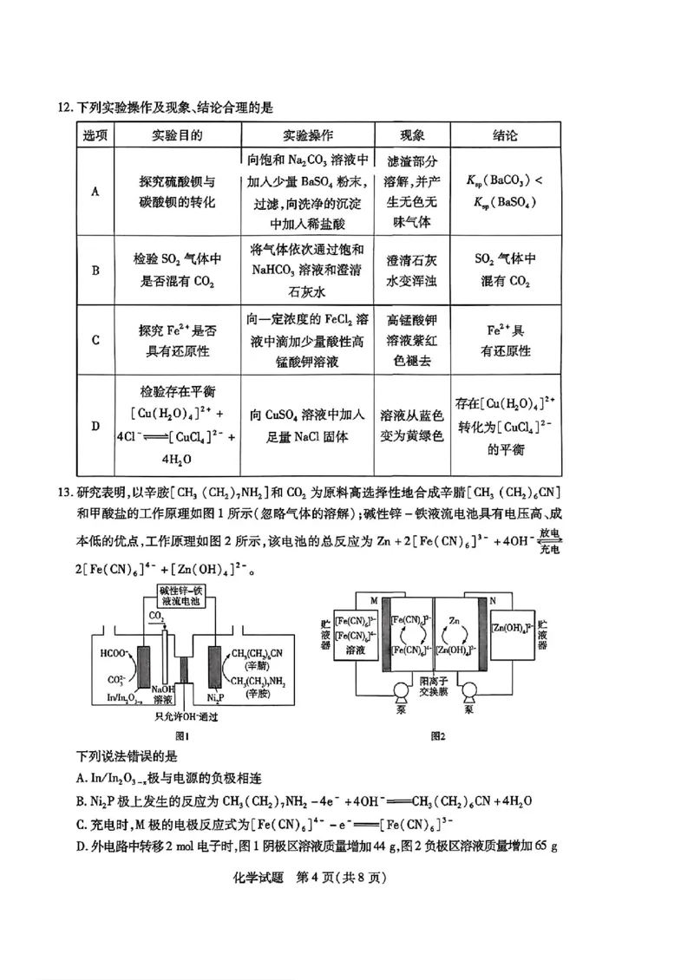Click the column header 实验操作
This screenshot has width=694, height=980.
click(x=308, y=135)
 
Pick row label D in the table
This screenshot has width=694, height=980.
click(x=95, y=426)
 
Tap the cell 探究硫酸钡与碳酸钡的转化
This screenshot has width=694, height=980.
click(x=176, y=192)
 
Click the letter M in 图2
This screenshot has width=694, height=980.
click(x=375, y=601)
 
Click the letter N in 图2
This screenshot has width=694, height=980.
click(x=492, y=601)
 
